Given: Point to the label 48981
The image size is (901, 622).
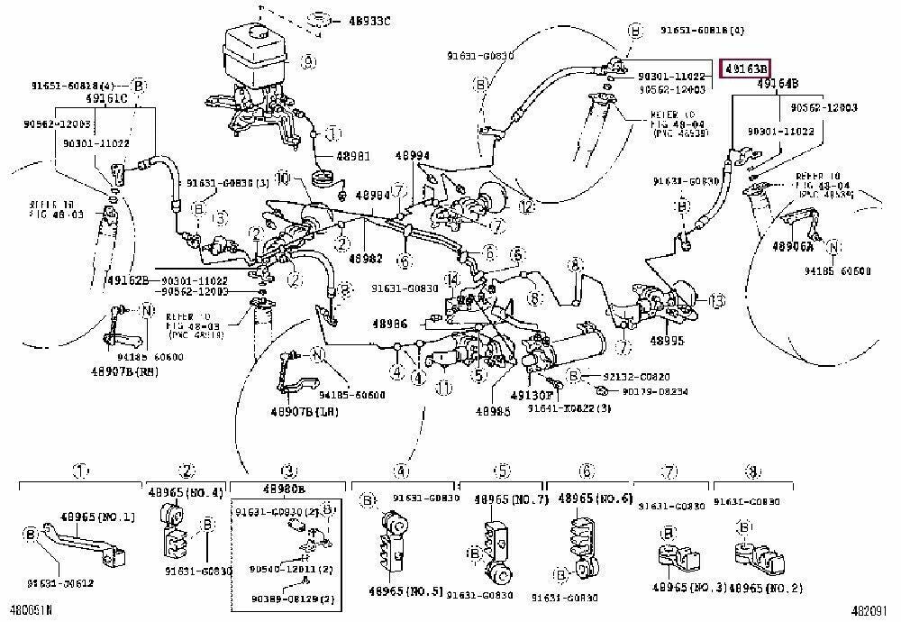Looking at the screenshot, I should pos(352,155).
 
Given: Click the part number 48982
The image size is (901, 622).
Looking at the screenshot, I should pos(366,258).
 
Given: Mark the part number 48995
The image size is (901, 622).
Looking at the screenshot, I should pos(668,341).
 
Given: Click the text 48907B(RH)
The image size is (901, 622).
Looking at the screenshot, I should pos(125,370).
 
